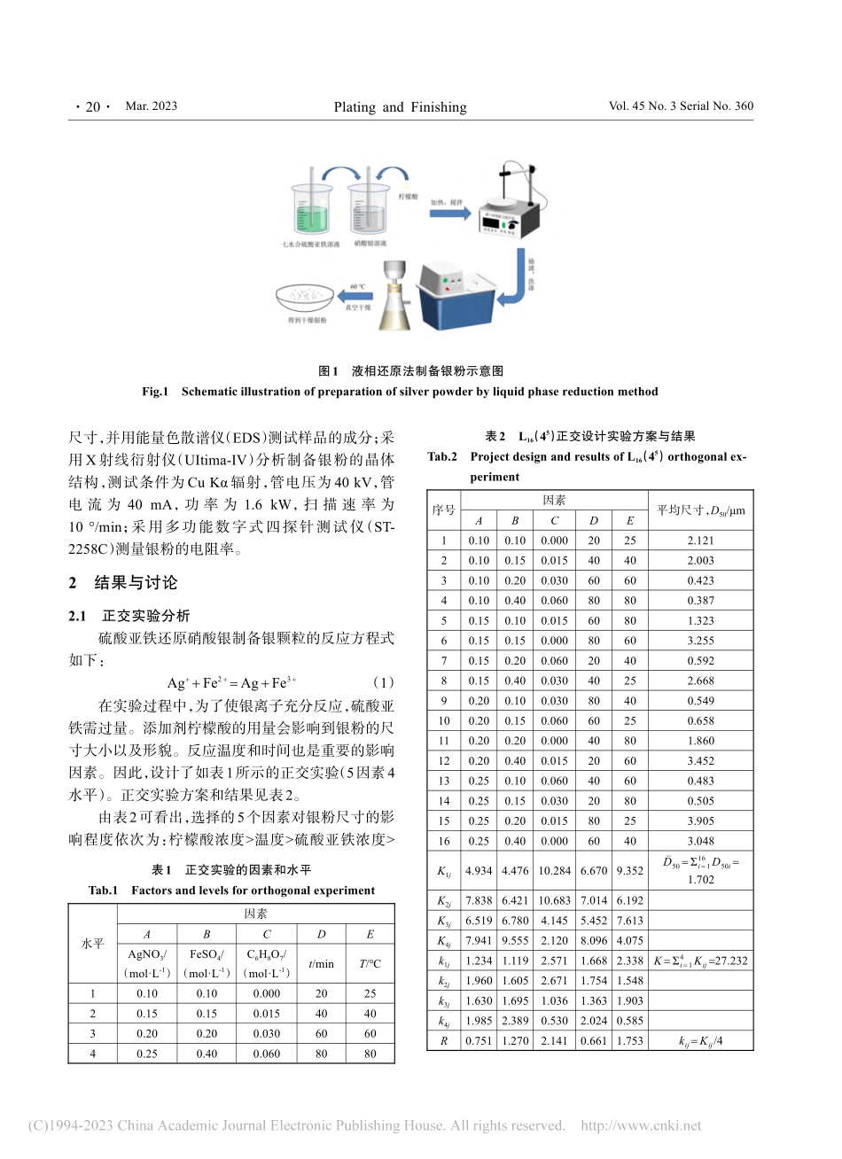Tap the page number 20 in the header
pos(92,107)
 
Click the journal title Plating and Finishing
pos(400,107)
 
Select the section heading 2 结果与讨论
pos(123,582)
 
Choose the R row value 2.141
pos(554,1040)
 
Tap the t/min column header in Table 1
pos(321,963)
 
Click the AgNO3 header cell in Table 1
pos(147,963)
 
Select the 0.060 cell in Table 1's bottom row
pos(266,1054)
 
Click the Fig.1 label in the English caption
pos(155,392)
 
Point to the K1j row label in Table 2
pos(443,871)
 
